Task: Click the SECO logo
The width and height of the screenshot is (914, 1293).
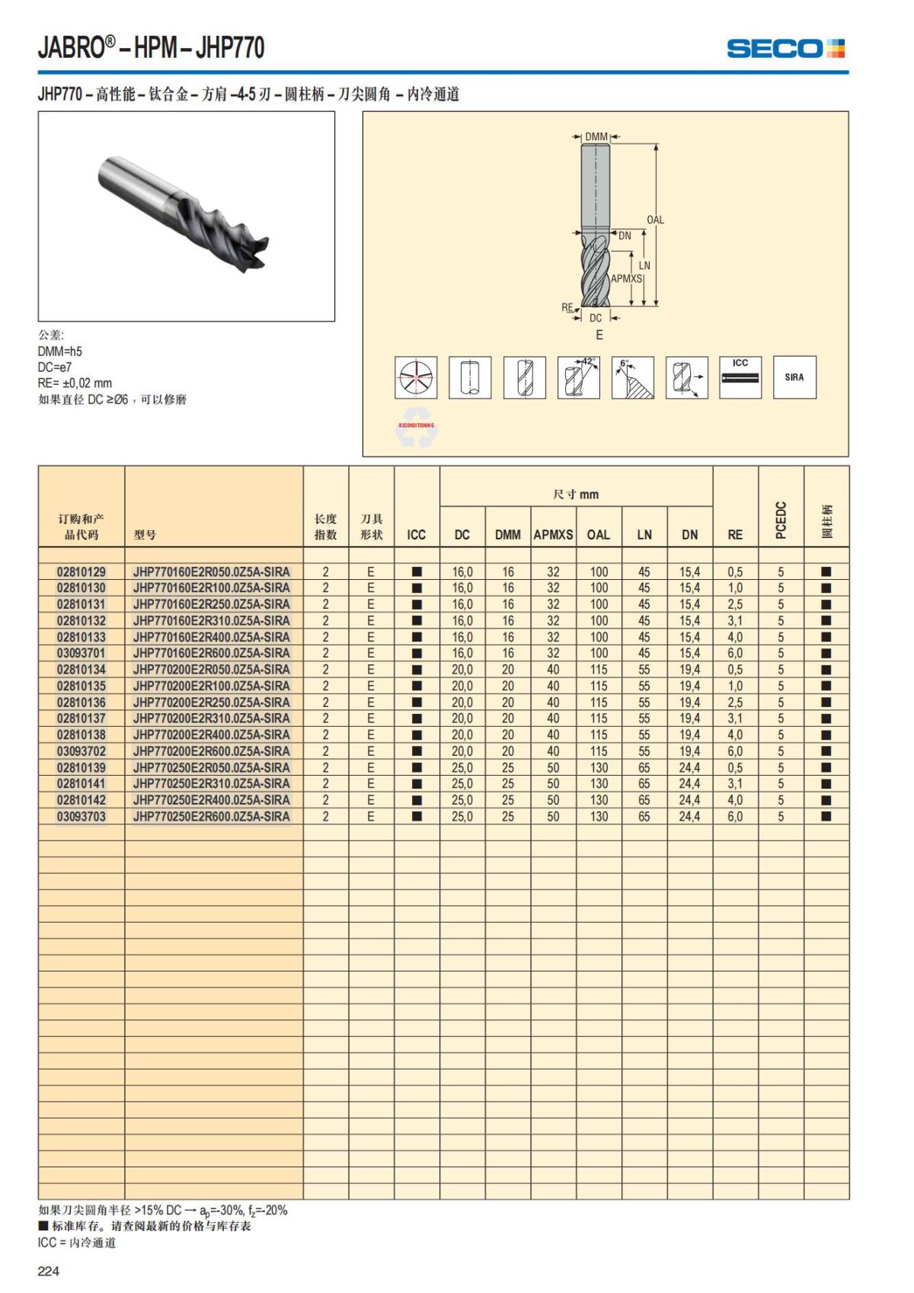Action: click(x=785, y=49)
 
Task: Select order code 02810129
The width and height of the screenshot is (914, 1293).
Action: click(x=81, y=571)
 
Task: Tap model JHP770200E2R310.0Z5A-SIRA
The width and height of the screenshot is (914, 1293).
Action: click(x=211, y=719)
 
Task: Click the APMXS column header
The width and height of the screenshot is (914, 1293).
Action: click(x=553, y=534)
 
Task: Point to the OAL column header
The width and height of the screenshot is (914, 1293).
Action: click(x=599, y=534)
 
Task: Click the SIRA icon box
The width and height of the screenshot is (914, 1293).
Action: click(x=794, y=377)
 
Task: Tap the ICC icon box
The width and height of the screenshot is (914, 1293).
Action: click(x=740, y=377)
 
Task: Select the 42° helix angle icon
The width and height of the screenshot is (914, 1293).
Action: click(x=579, y=377)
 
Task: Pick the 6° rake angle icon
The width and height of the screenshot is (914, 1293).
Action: click(x=633, y=377)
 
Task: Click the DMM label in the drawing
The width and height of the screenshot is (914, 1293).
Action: click(x=596, y=137)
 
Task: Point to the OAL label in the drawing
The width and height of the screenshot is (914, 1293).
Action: click(x=655, y=220)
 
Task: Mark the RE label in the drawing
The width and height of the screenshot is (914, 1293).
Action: click(x=567, y=308)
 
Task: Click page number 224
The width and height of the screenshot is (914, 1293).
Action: click(x=49, y=1271)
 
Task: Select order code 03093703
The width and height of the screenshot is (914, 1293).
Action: click(x=81, y=817)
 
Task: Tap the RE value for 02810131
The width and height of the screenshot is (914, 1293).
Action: click(x=735, y=604)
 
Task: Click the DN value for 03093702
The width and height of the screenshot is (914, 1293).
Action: click(x=689, y=751)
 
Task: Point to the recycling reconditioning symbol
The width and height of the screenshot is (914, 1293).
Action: click(x=416, y=430)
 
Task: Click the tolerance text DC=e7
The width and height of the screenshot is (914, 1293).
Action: click(x=55, y=367)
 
